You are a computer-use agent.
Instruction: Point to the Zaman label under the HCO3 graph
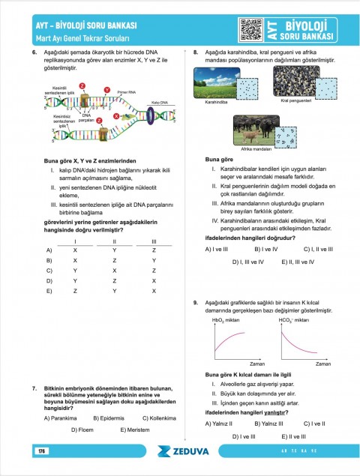[x=323, y=363]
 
